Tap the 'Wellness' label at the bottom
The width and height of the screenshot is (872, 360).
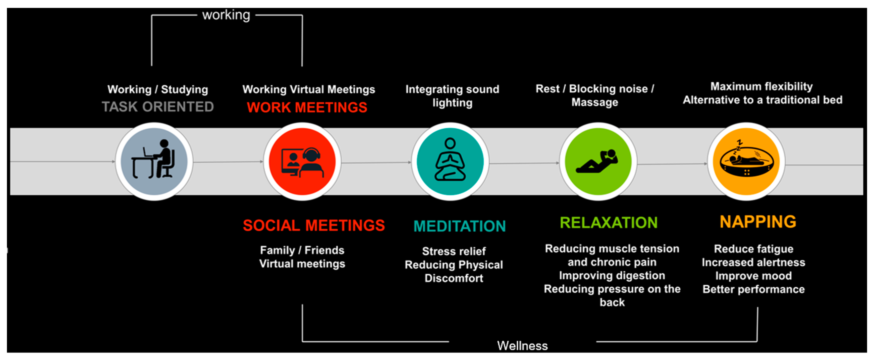click(522, 345)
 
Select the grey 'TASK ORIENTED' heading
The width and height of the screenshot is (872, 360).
click(158, 107)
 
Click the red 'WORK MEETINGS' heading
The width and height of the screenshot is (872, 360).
click(307, 107)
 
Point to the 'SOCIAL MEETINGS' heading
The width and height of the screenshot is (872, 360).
click(314, 225)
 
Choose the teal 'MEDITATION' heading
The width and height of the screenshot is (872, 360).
click(459, 226)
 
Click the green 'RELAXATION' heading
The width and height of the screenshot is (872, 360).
click(608, 223)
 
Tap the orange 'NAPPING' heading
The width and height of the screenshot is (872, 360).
click(757, 222)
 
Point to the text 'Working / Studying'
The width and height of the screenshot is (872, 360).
click(158, 89)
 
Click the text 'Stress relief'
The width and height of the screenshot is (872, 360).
click(454, 251)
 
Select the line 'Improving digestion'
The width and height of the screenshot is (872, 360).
click(612, 275)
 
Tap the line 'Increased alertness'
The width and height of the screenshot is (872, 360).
click(753, 262)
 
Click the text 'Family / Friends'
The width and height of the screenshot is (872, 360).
click(302, 250)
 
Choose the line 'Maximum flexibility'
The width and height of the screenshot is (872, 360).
click(761, 86)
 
